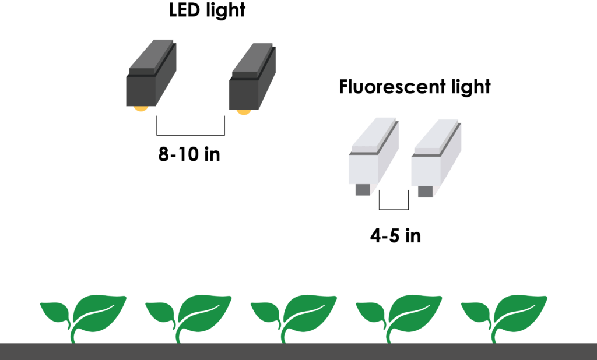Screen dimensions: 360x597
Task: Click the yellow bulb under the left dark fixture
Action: (x=141, y=108)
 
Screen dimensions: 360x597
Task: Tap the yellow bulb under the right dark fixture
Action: (x=243, y=111)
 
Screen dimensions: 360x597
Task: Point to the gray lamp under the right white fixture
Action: (x=424, y=191)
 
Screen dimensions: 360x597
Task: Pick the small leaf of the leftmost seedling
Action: (x=55, y=312)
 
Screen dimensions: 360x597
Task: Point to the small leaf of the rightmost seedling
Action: (x=476, y=312)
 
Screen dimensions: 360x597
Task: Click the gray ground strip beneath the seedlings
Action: (x=298, y=351)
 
